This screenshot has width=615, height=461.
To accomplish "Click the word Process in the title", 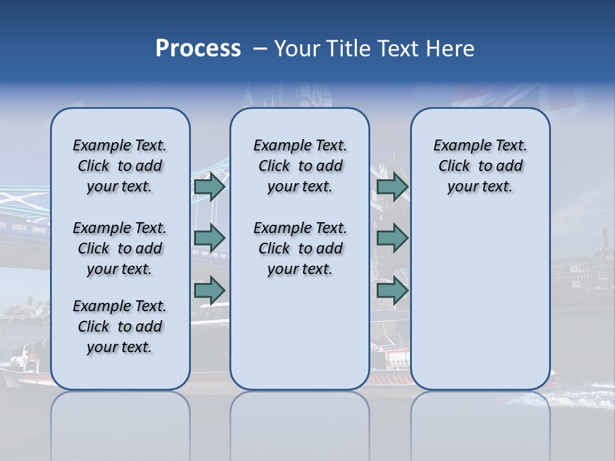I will point(198,49).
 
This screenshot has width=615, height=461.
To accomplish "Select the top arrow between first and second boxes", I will point(209,187).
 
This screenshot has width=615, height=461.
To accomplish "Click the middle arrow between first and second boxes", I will point(209,238).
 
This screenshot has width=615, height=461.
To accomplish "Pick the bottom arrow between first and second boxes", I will point(209,291).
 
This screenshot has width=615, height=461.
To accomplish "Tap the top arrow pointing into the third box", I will point(392,187).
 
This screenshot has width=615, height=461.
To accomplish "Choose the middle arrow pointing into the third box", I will point(392,238).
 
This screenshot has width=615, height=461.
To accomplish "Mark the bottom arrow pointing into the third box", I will point(392,291).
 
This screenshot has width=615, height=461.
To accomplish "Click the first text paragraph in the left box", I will point(120,166).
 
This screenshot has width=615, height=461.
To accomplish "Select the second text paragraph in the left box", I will point(120,248).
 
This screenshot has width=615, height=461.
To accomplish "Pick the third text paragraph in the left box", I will point(120,327).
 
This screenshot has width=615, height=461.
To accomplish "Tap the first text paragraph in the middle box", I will point(300,166).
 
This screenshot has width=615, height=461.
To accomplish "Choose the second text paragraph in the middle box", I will point(300,248).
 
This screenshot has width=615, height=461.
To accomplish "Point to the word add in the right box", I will point(510,166).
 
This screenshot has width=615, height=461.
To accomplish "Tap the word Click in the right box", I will point(454,166).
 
